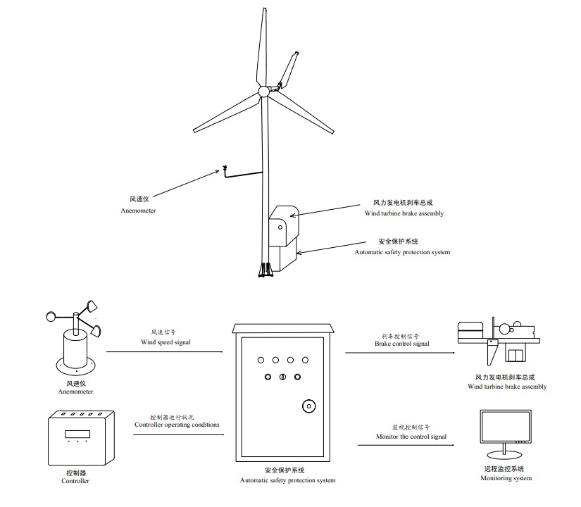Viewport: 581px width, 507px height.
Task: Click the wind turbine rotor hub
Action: click(263, 92)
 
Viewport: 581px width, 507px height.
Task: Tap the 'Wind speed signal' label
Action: click(165, 342)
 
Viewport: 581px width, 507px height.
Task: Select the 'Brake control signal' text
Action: click(401, 344)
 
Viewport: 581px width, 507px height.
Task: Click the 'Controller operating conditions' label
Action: click(177, 425)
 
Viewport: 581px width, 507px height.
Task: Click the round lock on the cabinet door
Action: click(308, 406)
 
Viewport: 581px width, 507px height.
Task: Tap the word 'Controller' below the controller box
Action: click(75, 482)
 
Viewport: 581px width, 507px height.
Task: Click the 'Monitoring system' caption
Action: click(506, 479)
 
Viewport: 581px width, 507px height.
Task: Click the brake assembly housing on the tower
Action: click(283, 224)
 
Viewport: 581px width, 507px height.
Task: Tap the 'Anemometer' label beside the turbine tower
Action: click(137, 211)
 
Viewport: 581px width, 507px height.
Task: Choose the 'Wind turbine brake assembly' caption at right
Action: click(506, 387)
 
